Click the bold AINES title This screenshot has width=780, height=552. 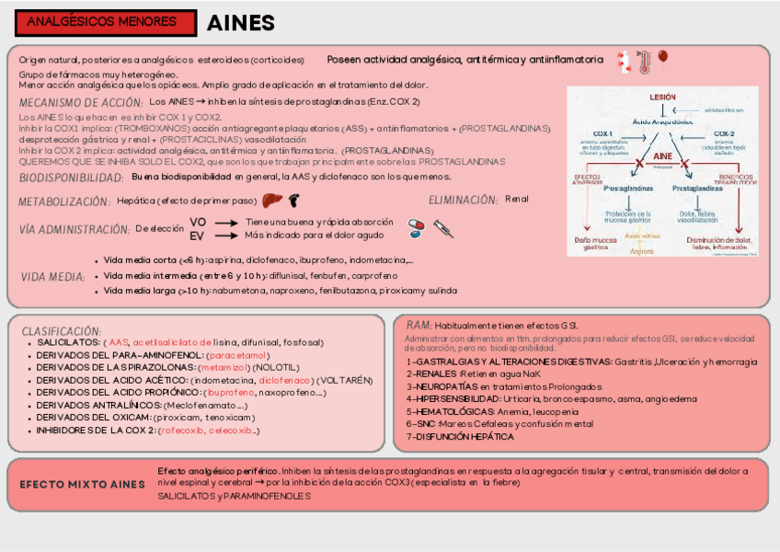(x=240, y=23)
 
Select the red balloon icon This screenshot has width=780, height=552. (x=662, y=59)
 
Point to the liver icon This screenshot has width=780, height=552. (x=270, y=200)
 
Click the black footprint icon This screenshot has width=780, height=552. (x=294, y=200)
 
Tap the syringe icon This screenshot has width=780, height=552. (x=443, y=228)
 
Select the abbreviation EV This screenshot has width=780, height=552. (x=197, y=236)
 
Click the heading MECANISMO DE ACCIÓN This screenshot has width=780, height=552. (x=81, y=102)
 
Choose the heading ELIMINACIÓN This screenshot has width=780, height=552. (x=464, y=200)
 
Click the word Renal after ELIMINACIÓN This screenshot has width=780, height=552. (x=517, y=200)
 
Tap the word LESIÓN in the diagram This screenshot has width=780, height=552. (x=662, y=97)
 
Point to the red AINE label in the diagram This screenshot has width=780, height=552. (x=662, y=156)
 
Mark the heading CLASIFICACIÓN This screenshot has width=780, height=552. (x=62, y=330)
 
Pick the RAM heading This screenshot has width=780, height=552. (x=419, y=326)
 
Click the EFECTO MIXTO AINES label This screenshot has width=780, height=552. (x=83, y=484)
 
